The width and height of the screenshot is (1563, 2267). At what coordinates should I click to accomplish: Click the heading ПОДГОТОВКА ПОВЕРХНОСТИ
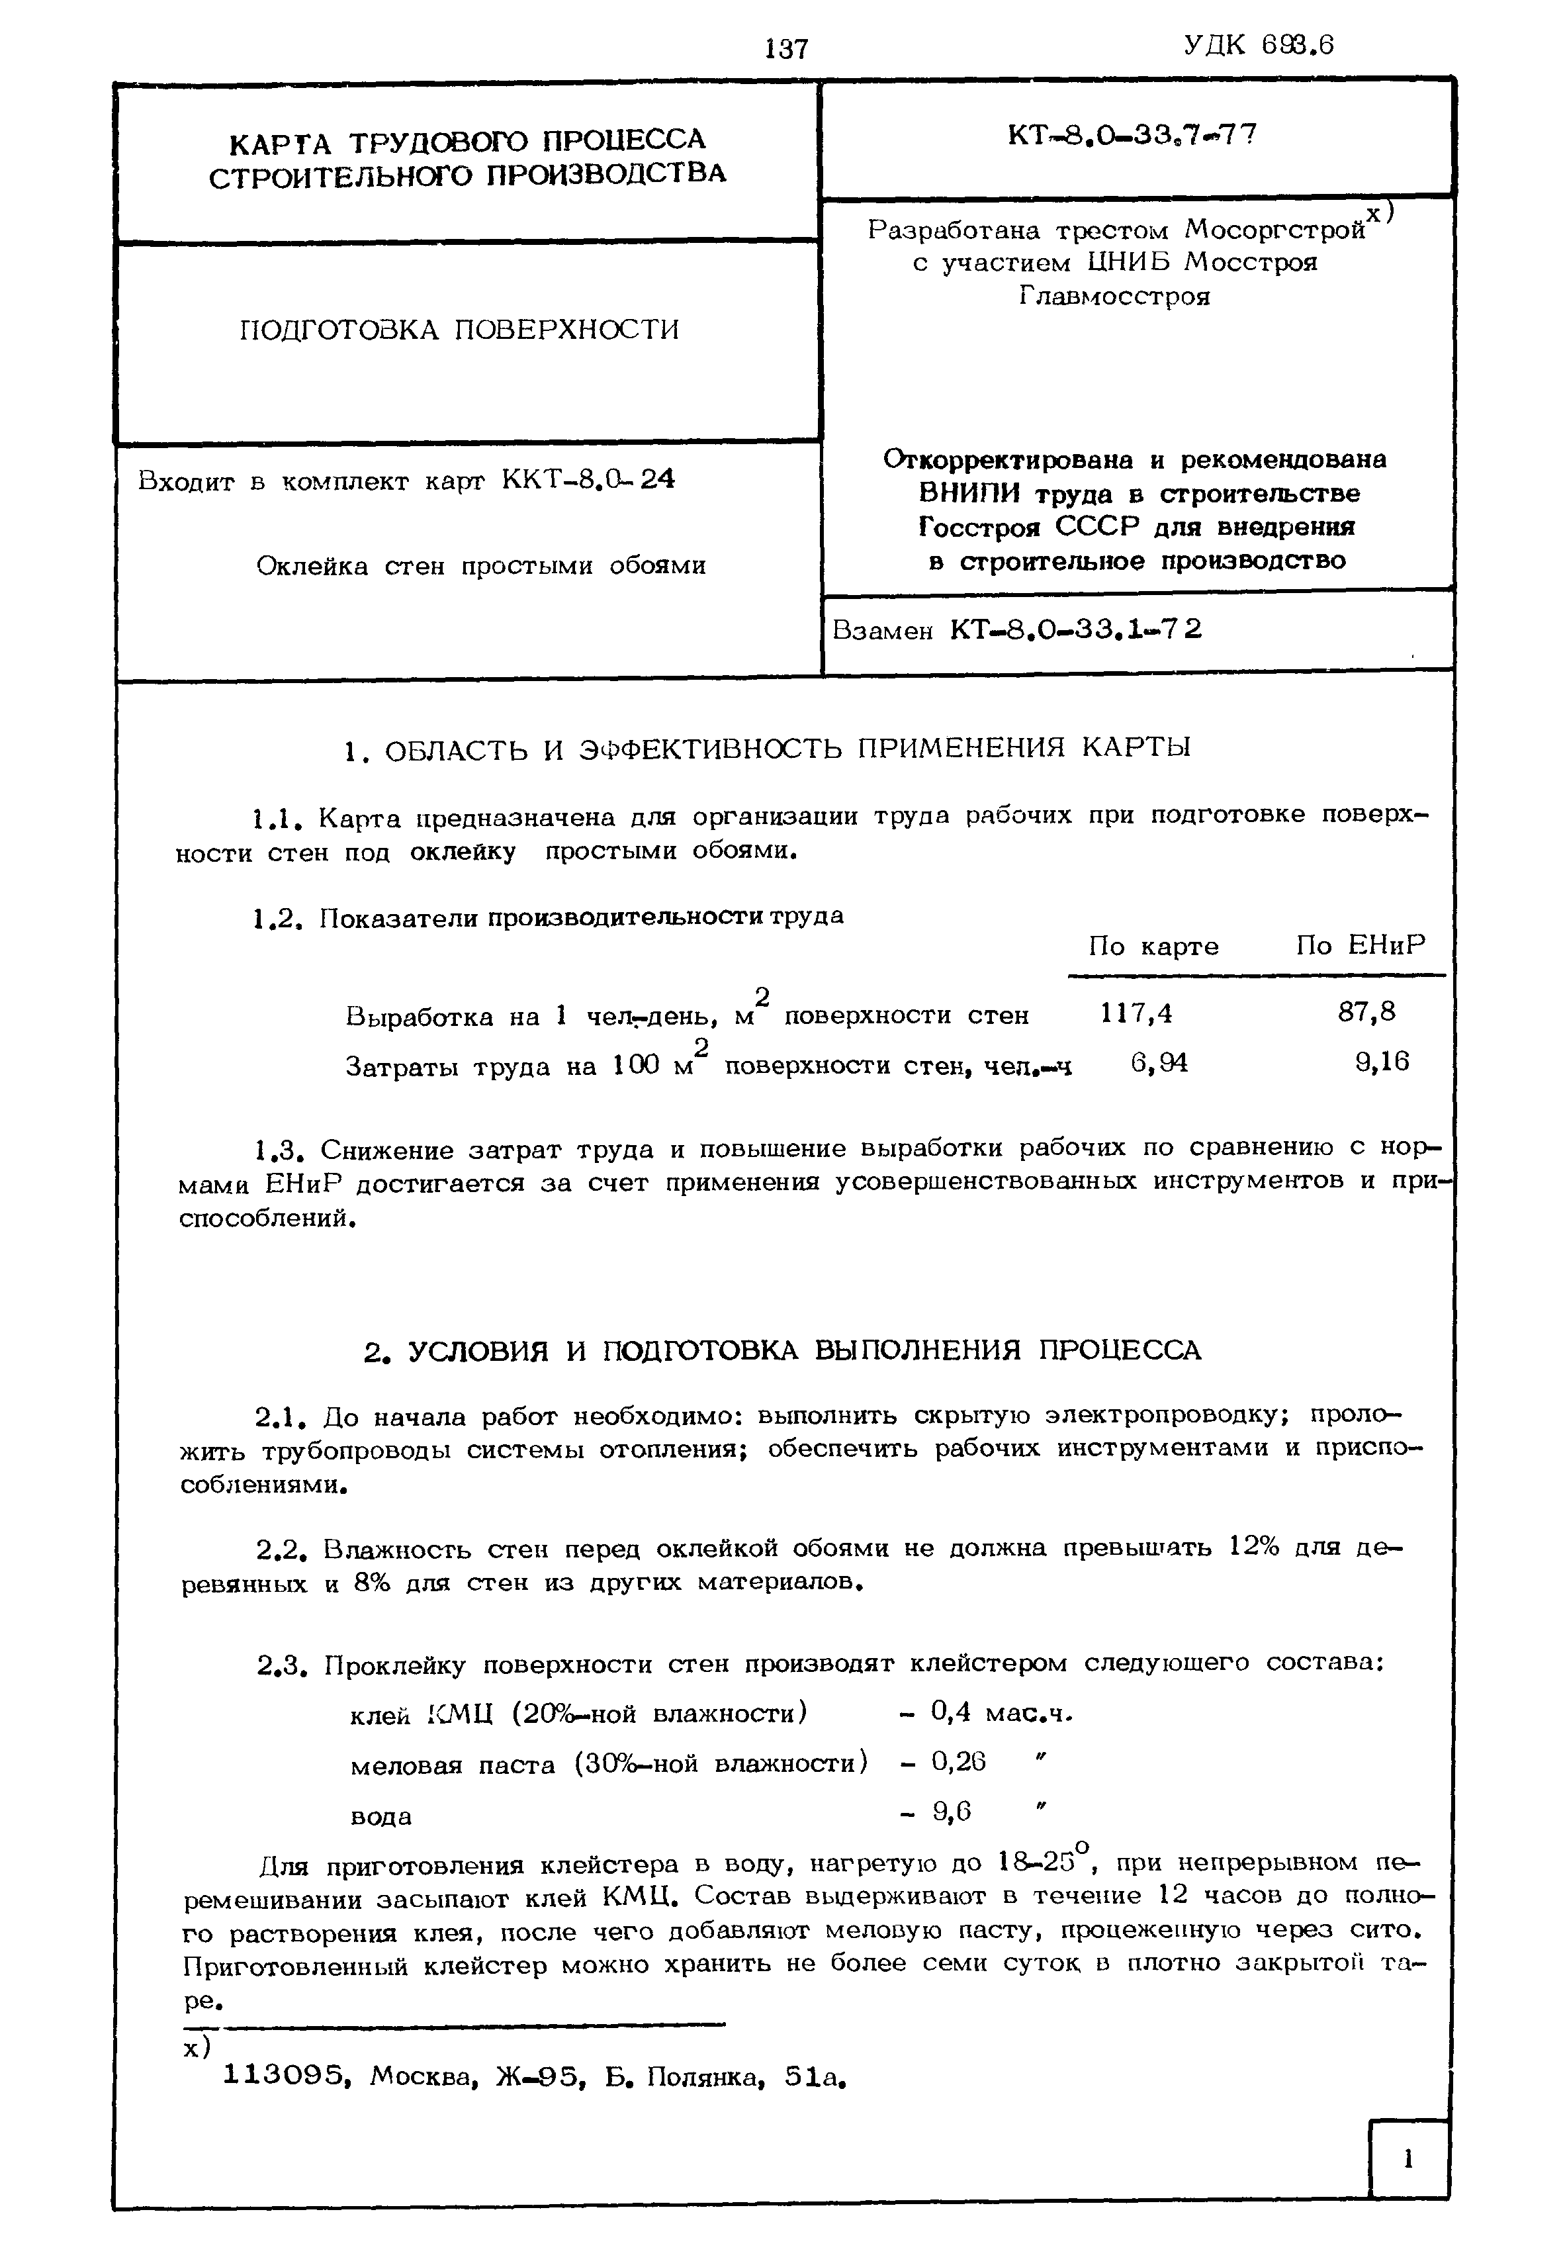tap(459, 329)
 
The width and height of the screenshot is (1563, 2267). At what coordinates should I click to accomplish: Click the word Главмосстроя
tap(1114, 296)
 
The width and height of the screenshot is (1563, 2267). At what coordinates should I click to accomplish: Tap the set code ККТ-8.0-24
tap(588, 480)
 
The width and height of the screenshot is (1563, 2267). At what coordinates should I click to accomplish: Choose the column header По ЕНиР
tap(1361, 945)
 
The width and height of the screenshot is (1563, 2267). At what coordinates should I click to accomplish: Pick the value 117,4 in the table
tap(1136, 1013)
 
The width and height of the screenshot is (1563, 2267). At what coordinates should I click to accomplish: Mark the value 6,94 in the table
tap(1159, 1063)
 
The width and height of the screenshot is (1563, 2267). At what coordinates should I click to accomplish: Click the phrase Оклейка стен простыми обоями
tap(481, 567)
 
